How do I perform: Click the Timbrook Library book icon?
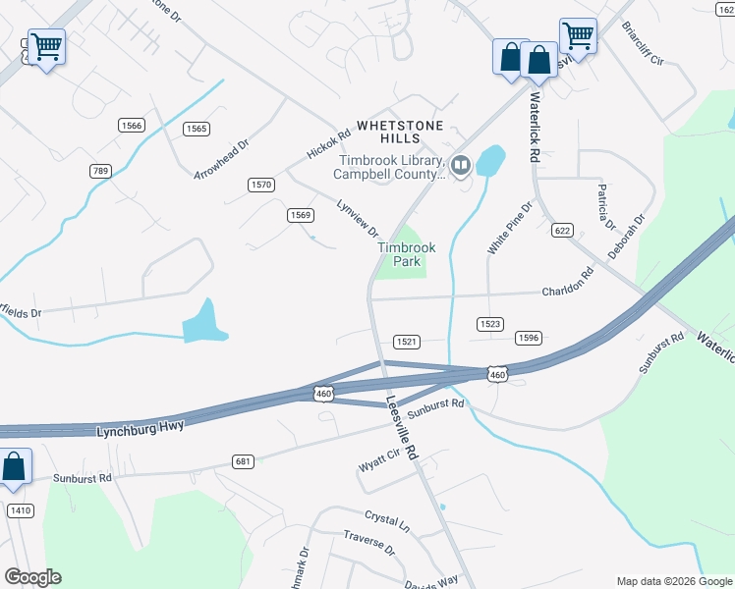461,163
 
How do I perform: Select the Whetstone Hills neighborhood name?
400,133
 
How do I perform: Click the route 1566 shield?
131,125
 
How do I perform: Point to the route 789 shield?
100,171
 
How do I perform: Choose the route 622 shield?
562,230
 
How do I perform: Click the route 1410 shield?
20,510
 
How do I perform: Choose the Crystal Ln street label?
386,519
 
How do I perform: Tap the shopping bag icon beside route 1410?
14,467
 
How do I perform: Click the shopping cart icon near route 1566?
46,46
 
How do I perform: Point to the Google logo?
32,577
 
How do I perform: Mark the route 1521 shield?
407,342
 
